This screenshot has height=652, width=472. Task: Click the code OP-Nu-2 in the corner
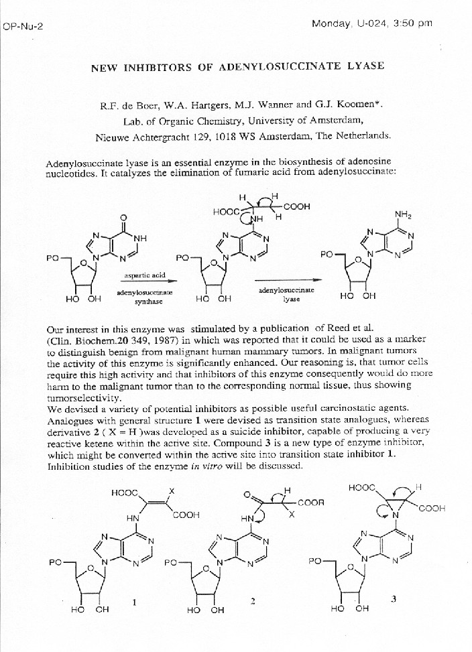(x=23, y=27)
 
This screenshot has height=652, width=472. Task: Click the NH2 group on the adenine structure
(x=403, y=215)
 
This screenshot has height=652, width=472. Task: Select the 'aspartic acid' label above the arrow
(x=140, y=275)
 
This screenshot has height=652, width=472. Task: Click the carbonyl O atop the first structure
(x=123, y=218)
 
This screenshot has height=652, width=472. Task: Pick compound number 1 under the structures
(x=135, y=602)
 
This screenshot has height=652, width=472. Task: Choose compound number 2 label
(x=253, y=601)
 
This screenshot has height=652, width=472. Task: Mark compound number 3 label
(x=394, y=599)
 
